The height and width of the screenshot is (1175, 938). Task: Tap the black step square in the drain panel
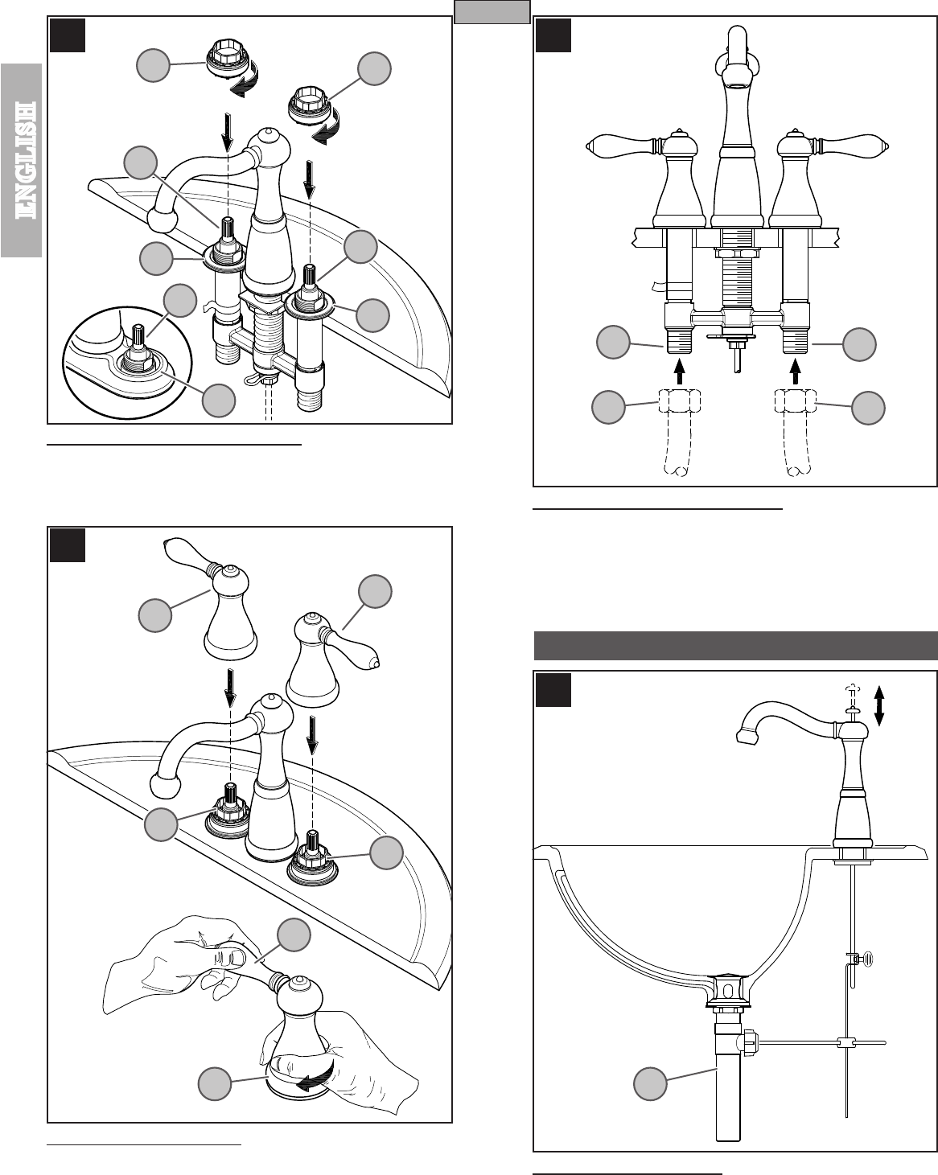pos(553,690)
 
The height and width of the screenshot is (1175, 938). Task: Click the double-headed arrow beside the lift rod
pos(879,705)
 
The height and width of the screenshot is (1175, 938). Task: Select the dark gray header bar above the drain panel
pos(736,646)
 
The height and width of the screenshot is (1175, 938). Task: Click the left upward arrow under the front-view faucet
pos(680,371)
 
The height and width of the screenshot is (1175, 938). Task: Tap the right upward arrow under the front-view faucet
pos(796,371)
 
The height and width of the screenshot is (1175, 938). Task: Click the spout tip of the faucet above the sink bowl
pos(744,733)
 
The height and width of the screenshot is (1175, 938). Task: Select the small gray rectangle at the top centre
pos(491,12)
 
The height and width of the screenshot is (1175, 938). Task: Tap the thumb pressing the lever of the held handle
pos(236,956)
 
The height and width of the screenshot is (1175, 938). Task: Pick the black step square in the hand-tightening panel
pos(68,544)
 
